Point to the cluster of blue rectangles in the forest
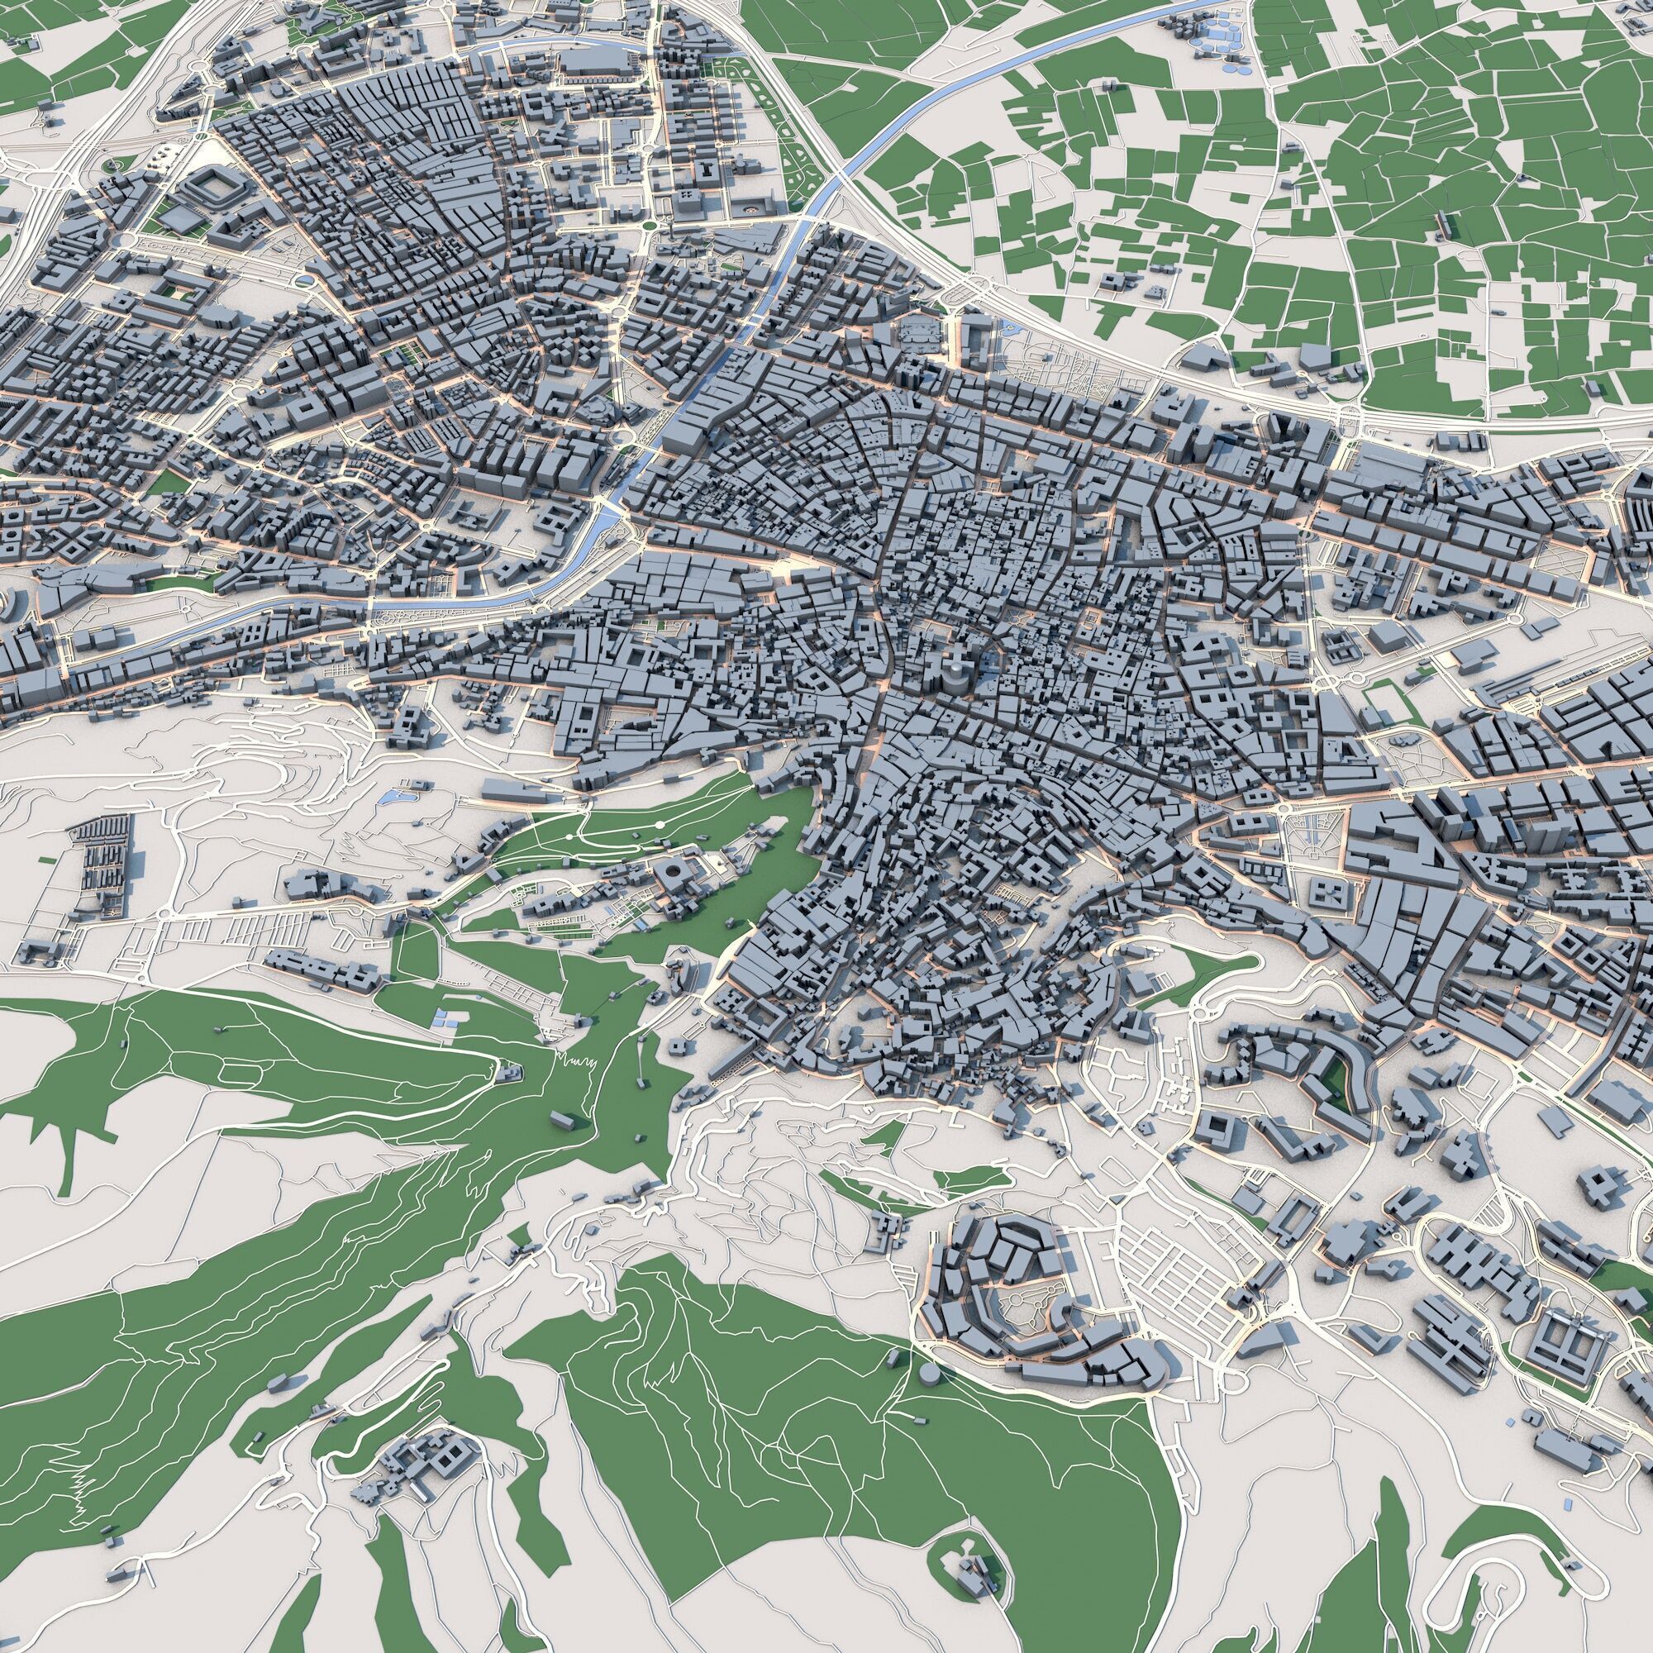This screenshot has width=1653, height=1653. [444, 1017]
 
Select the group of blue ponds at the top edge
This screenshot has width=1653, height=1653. [1215, 34]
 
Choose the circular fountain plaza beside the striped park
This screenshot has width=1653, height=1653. [752, 208]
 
